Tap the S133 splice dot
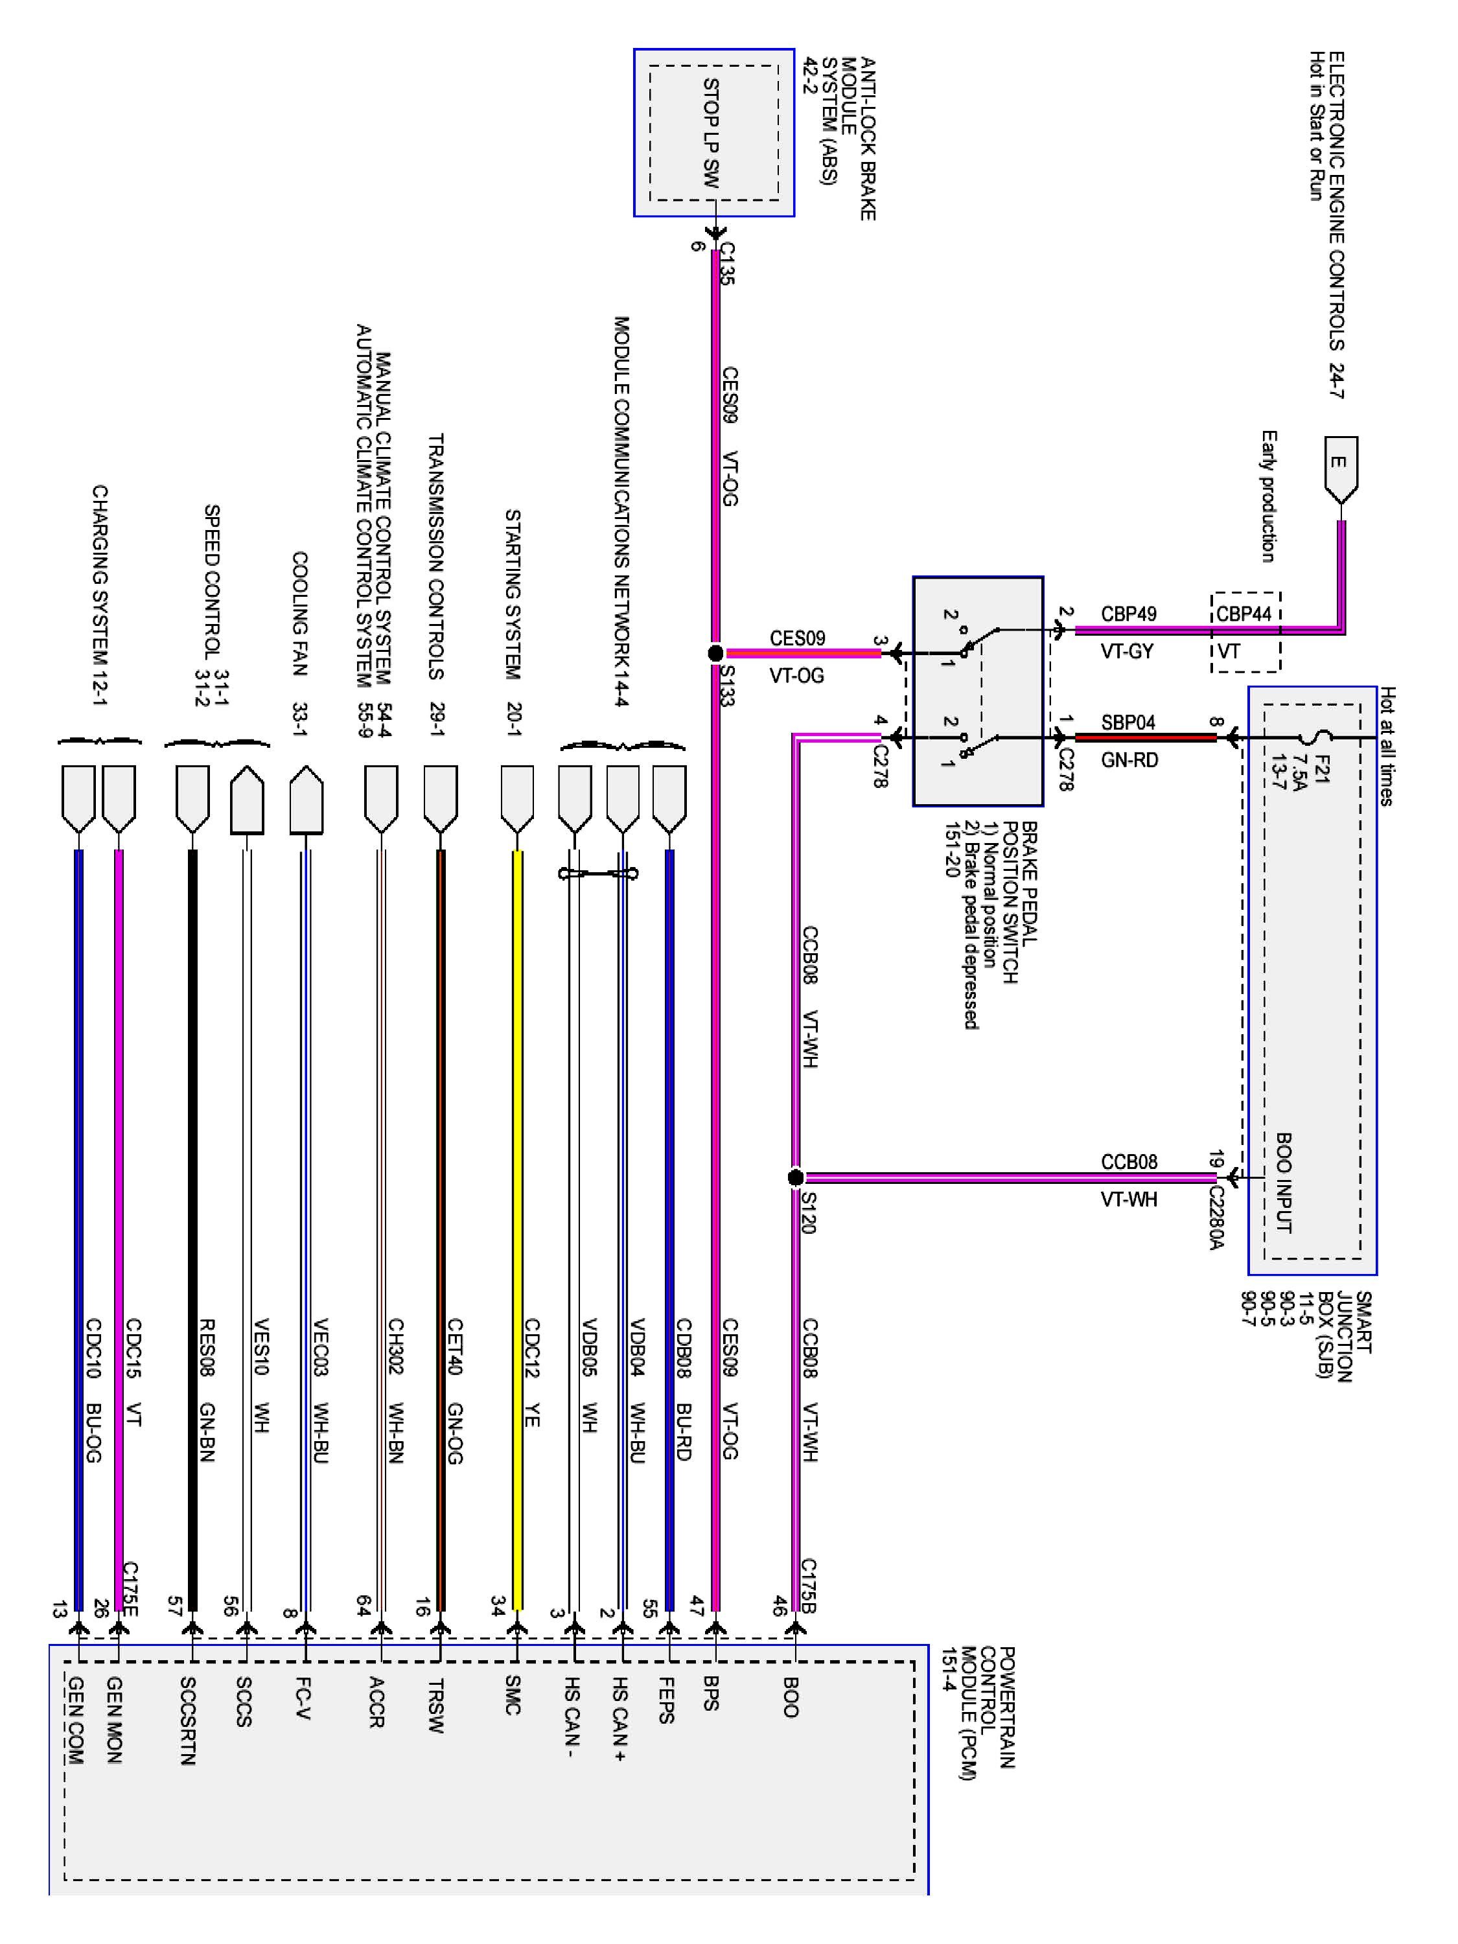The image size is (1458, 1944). [x=715, y=653]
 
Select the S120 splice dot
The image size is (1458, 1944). [x=795, y=1177]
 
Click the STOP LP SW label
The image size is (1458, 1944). [x=711, y=133]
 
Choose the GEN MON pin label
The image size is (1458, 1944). [x=114, y=1719]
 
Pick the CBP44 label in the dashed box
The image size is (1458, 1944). [x=1244, y=614]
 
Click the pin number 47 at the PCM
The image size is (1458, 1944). [x=697, y=1604]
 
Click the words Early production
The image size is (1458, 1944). [x=1268, y=496]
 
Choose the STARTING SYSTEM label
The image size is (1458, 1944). [x=513, y=594]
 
